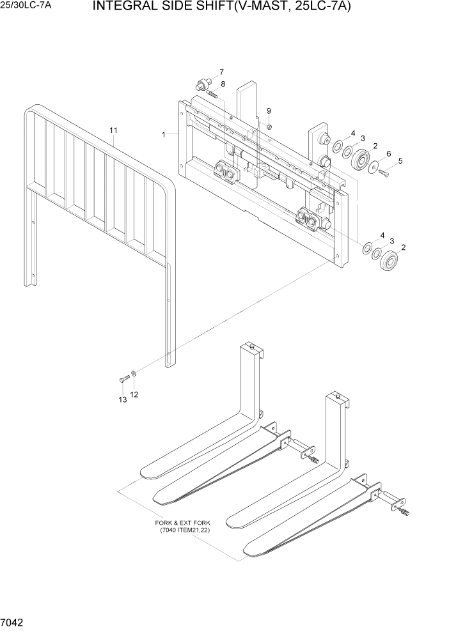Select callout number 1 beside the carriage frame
tap(164, 135)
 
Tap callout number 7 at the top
tap(221, 72)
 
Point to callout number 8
tap(223, 84)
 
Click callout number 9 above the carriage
tap(269, 111)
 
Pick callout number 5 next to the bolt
tap(400, 161)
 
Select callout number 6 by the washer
tap(388, 153)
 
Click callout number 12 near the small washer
tap(134, 394)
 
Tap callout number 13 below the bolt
tap(122, 400)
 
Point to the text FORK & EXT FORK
tap(181, 522)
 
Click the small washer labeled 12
tap(132, 373)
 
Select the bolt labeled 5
tap(386, 171)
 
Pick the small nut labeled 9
tap(270, 126)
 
